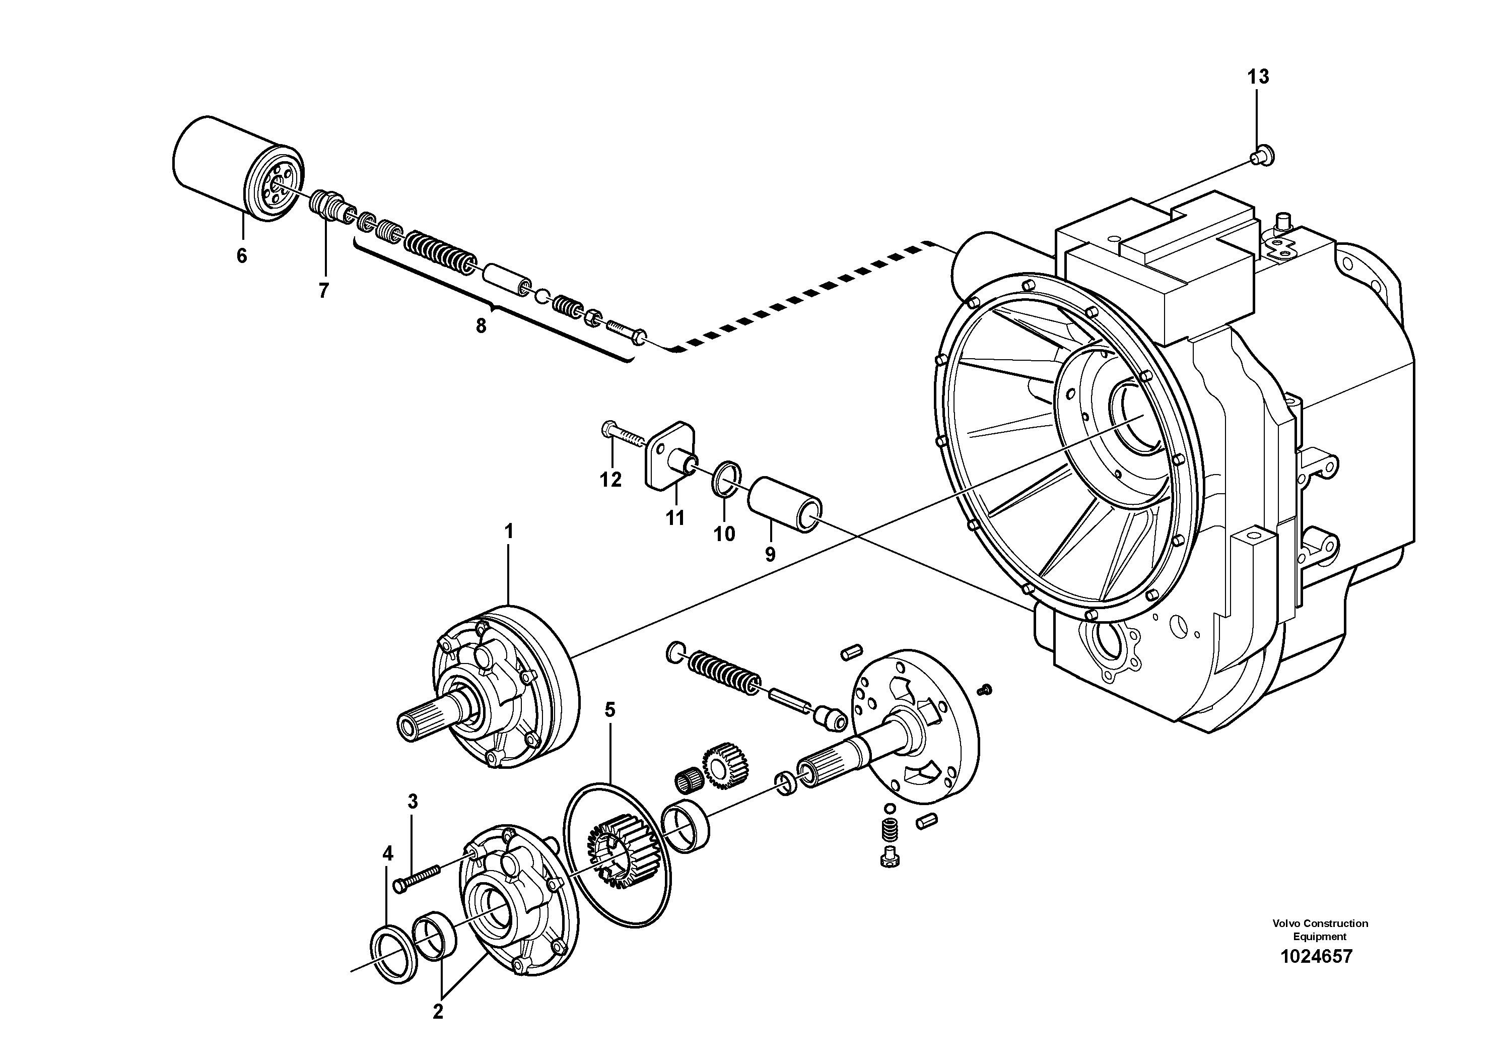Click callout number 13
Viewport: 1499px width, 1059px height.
(x=1258, y=77)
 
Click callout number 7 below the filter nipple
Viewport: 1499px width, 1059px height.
(x=324, y=291)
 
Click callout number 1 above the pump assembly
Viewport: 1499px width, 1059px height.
(x=509, y=532)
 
